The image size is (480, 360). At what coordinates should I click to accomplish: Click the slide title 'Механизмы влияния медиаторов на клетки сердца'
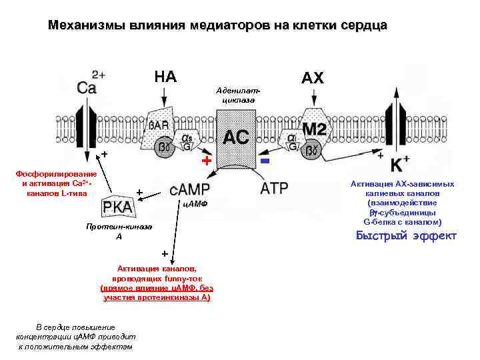217,26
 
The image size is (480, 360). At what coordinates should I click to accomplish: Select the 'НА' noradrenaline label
165,77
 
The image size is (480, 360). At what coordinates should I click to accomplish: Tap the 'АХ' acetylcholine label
312,78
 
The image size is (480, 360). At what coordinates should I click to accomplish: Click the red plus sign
207,162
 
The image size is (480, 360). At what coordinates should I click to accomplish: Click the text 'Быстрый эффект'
405,236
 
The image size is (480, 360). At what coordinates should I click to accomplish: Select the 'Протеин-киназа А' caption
119,231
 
